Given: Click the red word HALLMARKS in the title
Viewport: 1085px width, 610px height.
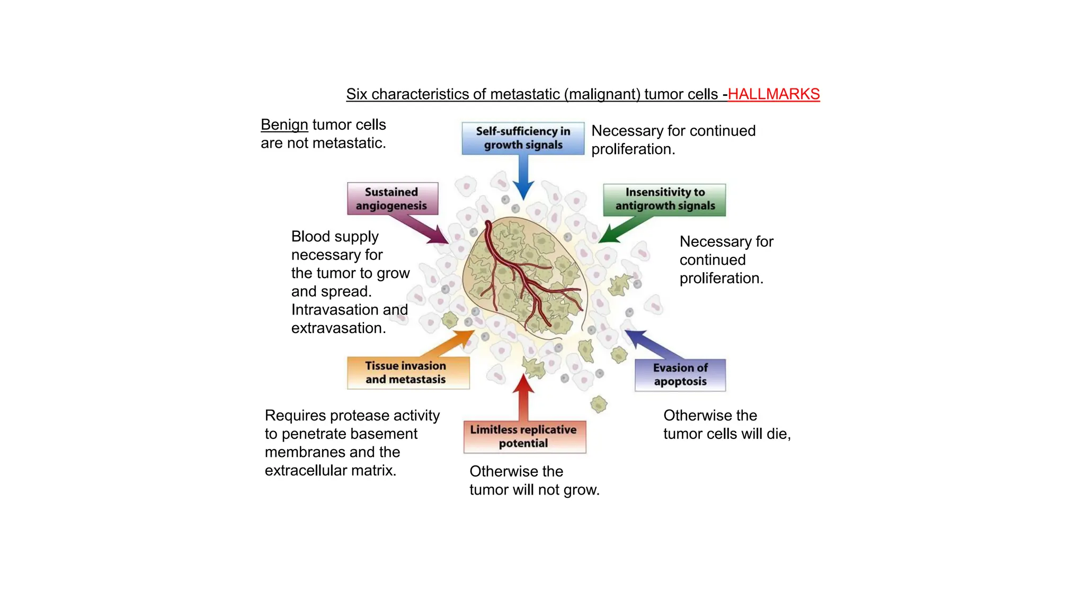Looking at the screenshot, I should (773, 94).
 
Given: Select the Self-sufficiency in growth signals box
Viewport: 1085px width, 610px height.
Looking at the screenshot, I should (523, 138).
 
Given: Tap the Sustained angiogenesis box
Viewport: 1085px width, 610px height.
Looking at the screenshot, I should (392, 199).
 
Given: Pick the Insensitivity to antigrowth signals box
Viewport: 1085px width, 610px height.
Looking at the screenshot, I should (664, 199).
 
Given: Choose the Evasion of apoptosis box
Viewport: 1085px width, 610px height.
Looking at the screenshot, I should (680, 375).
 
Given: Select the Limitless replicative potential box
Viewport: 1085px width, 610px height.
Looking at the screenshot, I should (524, 436).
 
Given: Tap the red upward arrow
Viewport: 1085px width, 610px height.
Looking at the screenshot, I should (524, 397).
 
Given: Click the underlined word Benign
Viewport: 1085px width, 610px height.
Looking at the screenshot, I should (284, 125).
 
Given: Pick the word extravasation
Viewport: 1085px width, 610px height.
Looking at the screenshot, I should (337, 328).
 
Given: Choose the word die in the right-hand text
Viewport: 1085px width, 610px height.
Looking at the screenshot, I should (777, 434).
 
